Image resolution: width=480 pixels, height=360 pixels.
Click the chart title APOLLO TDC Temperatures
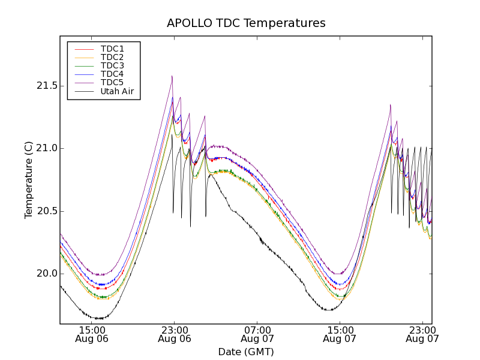(x=246, y=23)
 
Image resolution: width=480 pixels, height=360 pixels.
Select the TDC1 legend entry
(x=112, y=49)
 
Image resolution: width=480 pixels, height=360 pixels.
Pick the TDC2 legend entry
(x=112, y=57)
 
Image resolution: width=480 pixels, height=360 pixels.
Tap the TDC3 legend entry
(x=112, y=65)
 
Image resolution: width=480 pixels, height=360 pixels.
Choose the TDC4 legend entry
(x=112, y=74)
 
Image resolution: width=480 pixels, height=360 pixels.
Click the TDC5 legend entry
(x=112, y=82)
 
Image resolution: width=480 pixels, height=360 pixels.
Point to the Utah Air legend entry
(x=117, y=91)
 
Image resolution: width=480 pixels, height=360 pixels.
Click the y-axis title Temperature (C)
(x=29, y=179)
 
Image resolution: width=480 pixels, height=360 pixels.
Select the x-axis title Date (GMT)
(x=246, y=352)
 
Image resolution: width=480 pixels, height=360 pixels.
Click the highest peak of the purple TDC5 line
(x=172, y=76)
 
